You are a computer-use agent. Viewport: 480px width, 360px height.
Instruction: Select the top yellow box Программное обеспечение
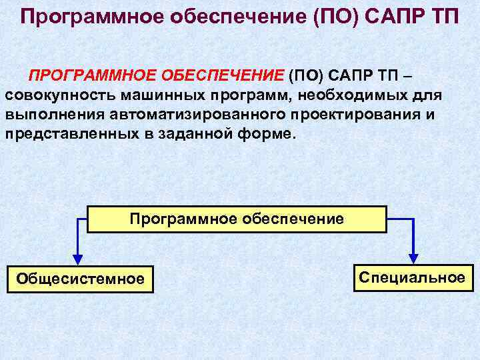[237, 219]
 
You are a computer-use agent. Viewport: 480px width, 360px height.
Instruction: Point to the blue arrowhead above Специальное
[413, 257]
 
